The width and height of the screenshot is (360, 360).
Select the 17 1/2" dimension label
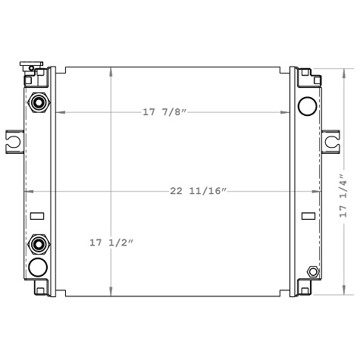[111, 243]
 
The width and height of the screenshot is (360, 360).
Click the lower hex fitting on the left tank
[38, 244]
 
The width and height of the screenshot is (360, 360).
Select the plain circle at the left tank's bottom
[38, 268]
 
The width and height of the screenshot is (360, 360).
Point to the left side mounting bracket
[14, 139]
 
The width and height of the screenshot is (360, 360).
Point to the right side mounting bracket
[332, 140]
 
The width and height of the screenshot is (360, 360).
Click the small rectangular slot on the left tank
[36, 217]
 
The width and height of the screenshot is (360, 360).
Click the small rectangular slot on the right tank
[308, 217]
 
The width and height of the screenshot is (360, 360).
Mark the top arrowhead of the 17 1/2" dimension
[111, 70]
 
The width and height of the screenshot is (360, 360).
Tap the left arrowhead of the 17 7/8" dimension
[59, 113]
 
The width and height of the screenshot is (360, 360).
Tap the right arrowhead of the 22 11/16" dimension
[317, 191]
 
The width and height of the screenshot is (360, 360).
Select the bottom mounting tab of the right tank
[307, 289]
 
